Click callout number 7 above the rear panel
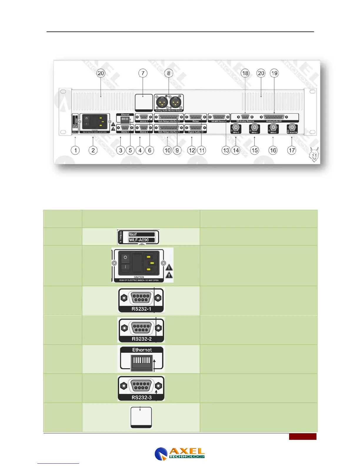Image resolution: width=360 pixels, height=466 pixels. coord(143,73)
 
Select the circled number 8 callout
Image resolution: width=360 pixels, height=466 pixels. coord(169,73)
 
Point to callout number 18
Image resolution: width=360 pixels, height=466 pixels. coord(245,73)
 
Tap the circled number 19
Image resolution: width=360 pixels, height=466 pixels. coord(274,73)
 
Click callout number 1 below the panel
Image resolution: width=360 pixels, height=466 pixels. coord(75,150)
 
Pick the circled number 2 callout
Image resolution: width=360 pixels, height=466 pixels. coord(93,150)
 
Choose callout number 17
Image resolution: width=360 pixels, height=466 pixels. coord(291,150)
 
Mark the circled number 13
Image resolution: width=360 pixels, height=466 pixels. coord(226,150)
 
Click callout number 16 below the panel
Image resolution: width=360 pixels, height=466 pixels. coord(273,150)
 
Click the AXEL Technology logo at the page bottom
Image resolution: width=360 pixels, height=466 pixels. coord(180,453)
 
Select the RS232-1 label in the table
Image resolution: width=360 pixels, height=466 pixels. coord(141,309)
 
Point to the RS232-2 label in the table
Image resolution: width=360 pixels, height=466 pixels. coord(141,339)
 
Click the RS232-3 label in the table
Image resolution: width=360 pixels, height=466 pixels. coord(141,397)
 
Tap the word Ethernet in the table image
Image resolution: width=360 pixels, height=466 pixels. coord(142,350)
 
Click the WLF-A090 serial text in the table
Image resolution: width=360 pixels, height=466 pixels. coord(139,240)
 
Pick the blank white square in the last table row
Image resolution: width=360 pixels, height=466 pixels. coord(141,417)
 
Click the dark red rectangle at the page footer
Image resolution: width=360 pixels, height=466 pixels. coord(302,436)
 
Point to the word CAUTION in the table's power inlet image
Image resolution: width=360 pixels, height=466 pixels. coord(139,277)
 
